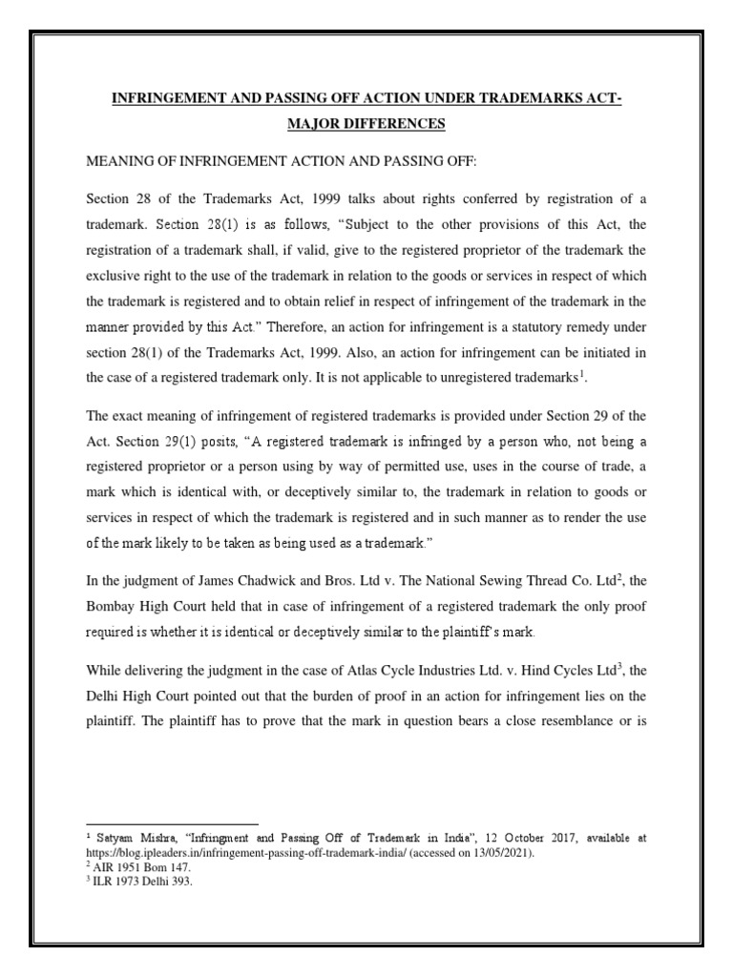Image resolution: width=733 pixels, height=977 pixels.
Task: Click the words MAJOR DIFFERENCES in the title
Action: [366, 125]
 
